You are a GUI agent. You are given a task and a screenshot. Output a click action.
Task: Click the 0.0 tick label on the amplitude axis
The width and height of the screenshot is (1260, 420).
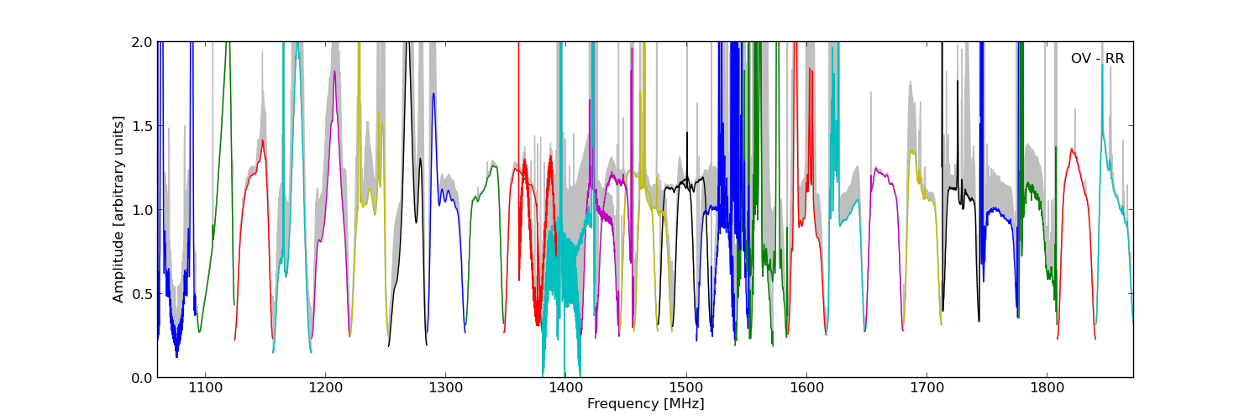pos(142,378)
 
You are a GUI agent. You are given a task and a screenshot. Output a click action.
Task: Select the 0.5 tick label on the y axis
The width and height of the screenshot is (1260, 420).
pos(142,294)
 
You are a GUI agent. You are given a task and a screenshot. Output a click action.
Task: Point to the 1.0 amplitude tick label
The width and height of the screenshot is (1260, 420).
pos(142,210)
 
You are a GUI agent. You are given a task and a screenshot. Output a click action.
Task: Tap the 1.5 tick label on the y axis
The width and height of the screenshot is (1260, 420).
pos(142,126)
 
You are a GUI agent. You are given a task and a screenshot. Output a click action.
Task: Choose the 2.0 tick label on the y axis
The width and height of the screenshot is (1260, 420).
pos(142,42)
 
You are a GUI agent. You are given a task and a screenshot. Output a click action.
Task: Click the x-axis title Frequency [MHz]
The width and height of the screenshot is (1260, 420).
pos(645,404)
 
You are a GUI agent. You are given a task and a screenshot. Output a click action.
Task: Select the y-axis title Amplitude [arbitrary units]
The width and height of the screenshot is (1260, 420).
pos(118,209)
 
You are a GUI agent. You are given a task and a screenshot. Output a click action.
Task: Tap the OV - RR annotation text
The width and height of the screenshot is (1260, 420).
pos(1097,59)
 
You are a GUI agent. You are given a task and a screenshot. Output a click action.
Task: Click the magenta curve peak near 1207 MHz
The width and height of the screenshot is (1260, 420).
pos(334,71)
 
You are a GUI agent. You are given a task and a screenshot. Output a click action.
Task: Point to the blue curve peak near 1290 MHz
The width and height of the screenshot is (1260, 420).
pos(433,93)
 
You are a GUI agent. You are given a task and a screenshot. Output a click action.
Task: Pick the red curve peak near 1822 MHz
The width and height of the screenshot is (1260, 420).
pos(1072,150)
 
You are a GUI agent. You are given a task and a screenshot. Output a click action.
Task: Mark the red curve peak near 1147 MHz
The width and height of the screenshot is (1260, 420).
pos(262,140)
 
